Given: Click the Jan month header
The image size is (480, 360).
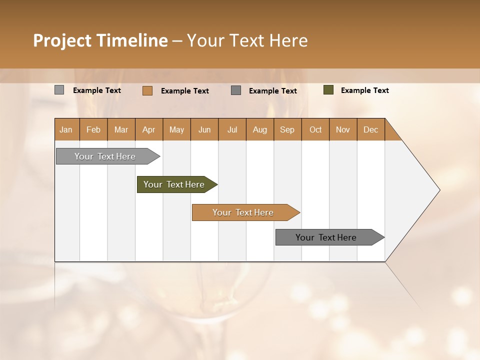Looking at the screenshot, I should [66, 129].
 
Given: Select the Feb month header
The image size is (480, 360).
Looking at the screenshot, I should [93, 129].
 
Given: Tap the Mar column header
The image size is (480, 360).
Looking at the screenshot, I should [121, 129].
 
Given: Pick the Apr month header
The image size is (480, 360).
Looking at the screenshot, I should [149, 129].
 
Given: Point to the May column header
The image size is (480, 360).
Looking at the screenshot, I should [176, 129].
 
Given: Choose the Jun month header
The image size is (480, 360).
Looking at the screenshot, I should [204, 129].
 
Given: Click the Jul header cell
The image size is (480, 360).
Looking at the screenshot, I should [232, 129].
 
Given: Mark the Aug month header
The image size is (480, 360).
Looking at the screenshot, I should [260, 129].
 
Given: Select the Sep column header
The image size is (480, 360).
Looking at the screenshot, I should [287, 129].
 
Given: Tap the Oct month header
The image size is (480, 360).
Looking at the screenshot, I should [315, 129].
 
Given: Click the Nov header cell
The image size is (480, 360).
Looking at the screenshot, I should [343, 129].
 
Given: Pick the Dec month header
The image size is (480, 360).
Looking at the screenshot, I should [371, 129].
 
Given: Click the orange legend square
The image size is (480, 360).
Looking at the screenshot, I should [147, 90].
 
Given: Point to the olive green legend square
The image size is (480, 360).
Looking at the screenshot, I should [328, 90].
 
